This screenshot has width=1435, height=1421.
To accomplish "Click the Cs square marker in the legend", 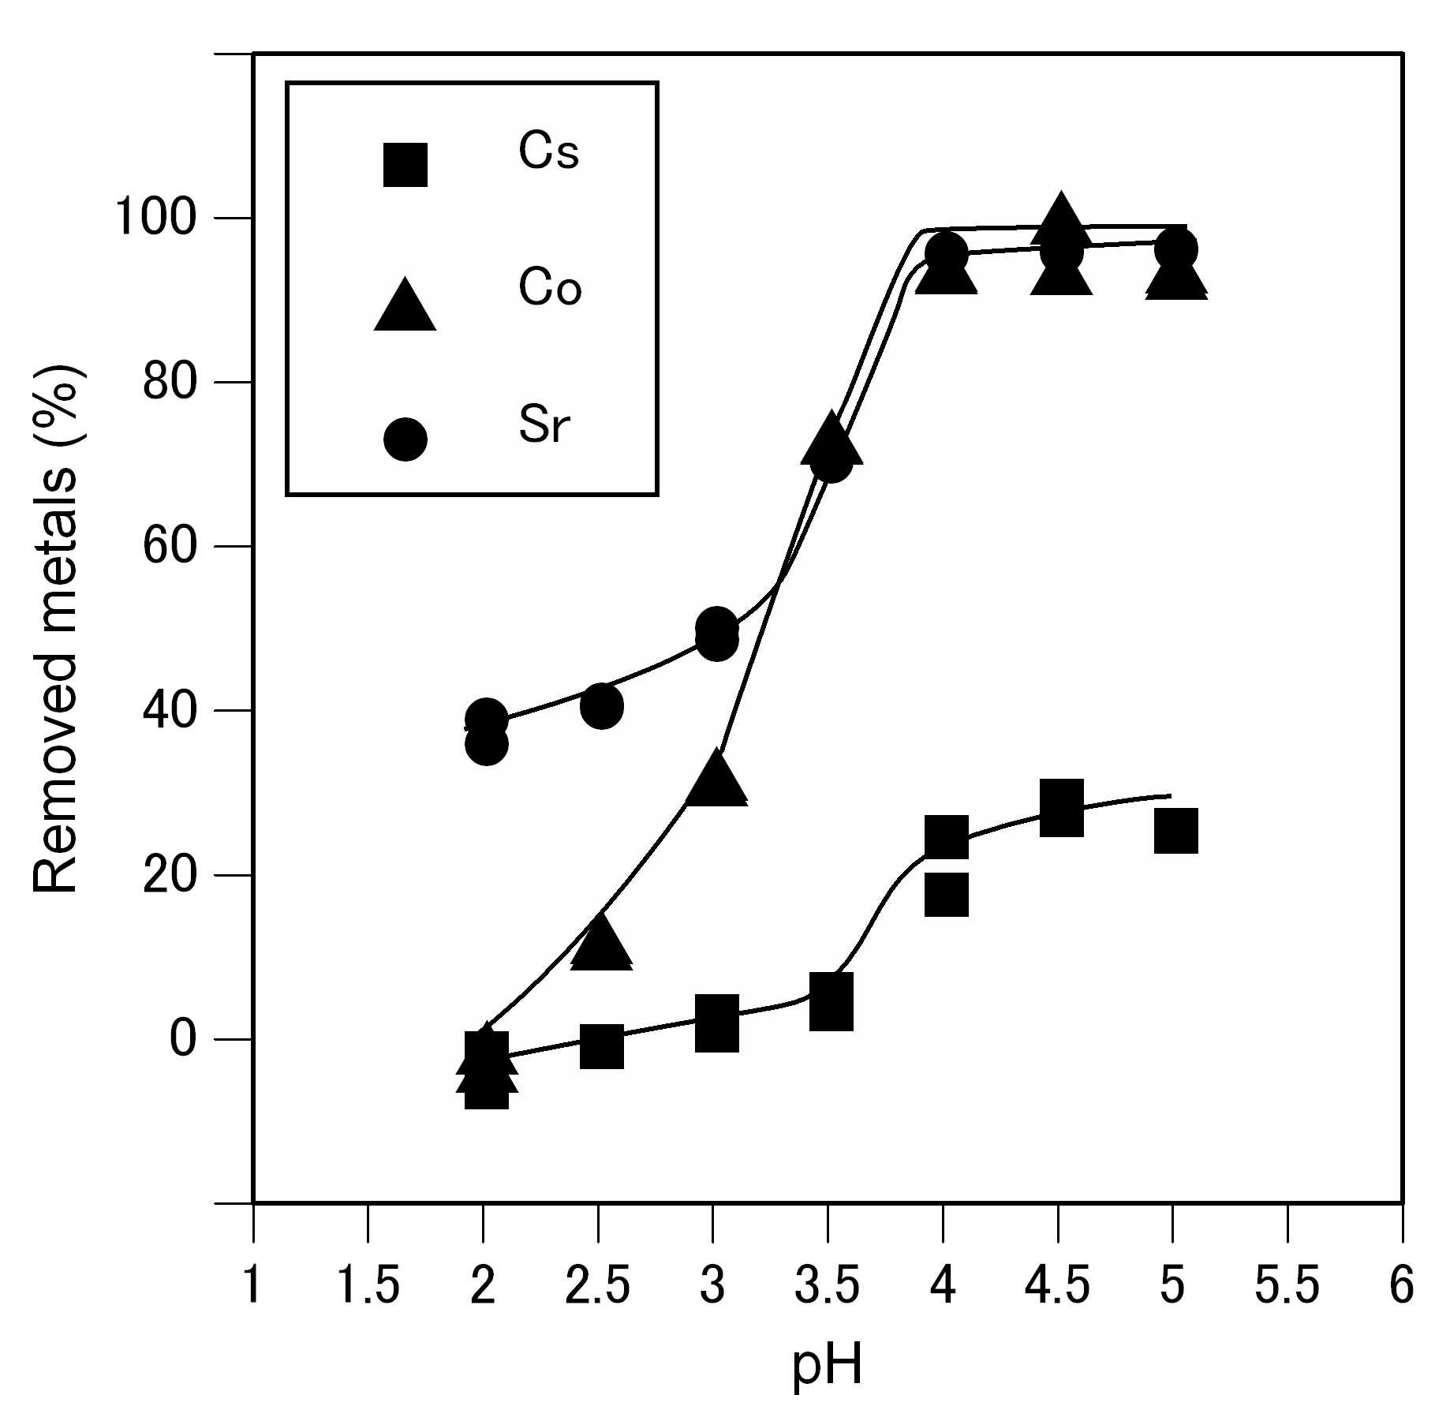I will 405,164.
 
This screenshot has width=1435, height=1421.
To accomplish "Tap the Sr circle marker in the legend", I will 405,439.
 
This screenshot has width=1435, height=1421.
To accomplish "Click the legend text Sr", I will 544,424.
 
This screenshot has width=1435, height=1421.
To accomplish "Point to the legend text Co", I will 550,287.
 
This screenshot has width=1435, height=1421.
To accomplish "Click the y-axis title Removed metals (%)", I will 55,629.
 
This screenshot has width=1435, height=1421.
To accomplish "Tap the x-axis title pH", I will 827,1366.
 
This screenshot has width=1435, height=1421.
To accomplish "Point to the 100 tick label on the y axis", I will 155,218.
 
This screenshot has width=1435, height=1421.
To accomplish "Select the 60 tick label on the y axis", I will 169,546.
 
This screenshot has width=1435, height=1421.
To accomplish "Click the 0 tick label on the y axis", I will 182,1038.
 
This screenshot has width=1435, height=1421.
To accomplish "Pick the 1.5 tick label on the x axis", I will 368,1285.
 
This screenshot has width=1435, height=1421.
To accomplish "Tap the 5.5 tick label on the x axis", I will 1287,1285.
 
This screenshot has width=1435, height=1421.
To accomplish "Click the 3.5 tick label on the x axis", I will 827,1285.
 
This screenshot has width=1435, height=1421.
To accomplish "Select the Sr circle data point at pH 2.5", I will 601,706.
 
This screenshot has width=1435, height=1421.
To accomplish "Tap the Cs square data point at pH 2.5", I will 601,1046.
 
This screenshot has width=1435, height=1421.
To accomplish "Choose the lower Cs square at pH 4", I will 946,895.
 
